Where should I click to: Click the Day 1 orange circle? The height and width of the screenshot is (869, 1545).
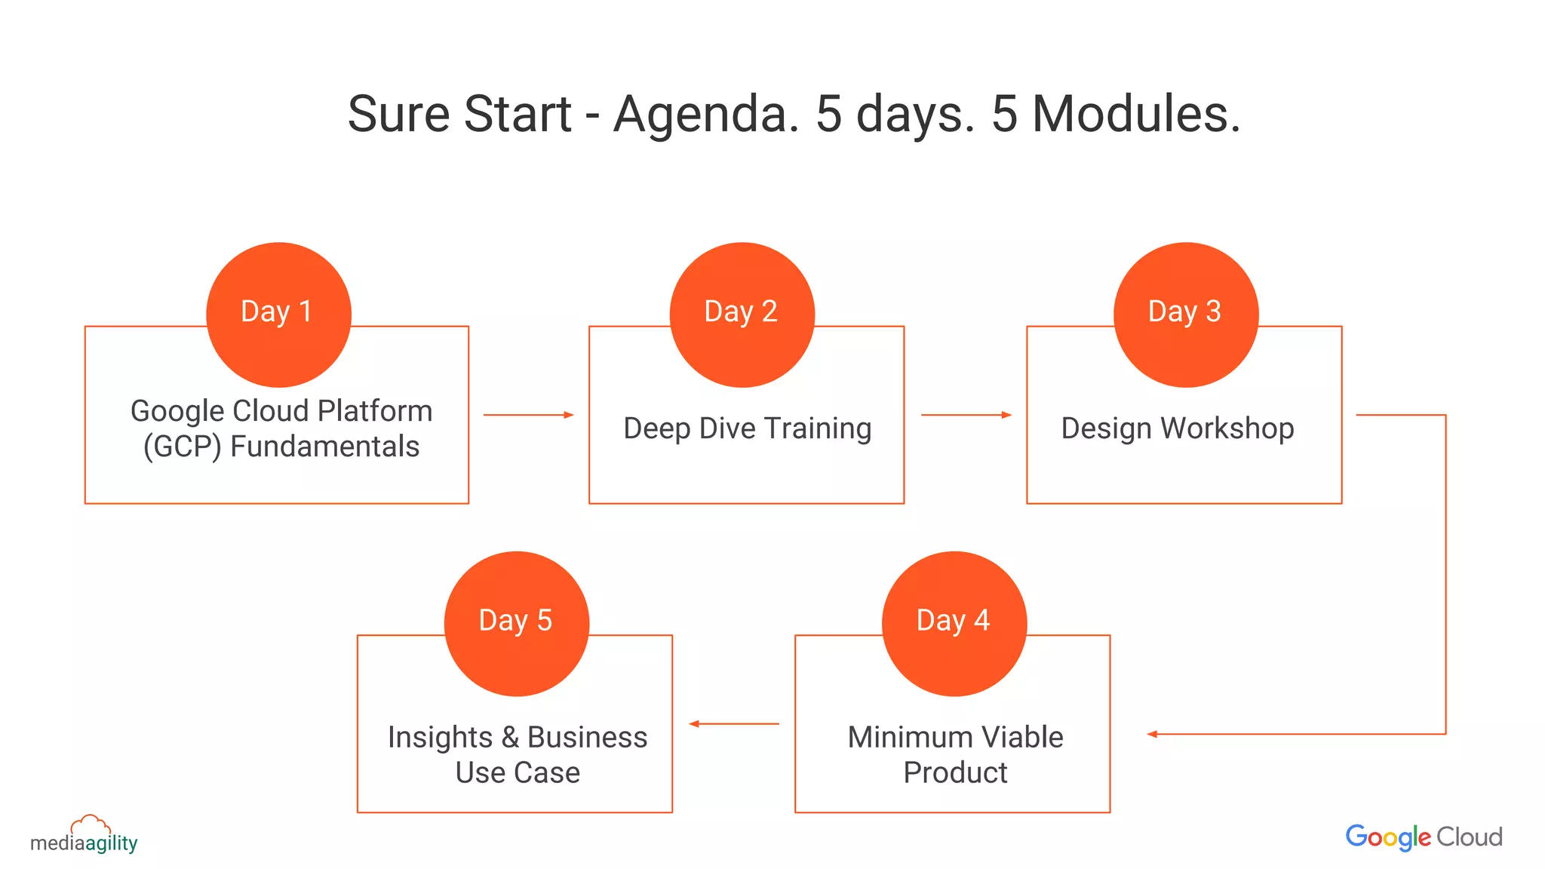pyautogui.click(x=278, y=315)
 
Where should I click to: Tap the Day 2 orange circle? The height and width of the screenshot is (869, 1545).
pyautogui.click(x=742, y=315)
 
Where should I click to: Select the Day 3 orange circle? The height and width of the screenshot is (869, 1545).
pyautogui.click(x=1185, y=315)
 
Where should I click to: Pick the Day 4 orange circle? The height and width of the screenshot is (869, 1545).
pyautogui.click(x=954, y=623)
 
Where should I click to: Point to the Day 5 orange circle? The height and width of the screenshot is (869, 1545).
pyautogui.click(x=516, y=623)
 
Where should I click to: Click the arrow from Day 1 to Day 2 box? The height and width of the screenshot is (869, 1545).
pyautogui.click(x=528, y=415)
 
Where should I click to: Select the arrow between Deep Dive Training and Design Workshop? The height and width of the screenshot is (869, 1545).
pyautogui.click(x=966, y=415)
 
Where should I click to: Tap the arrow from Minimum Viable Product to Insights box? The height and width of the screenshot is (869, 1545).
pyautogui.click(x=733, y=724)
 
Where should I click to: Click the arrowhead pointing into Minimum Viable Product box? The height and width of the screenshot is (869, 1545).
pyautogui.click(x=1153, y=734)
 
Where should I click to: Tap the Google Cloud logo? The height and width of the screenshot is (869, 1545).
pyautogui.click(x=1424, y=837)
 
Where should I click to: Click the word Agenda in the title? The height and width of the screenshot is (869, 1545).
pyautogui.click(x=705, y=115)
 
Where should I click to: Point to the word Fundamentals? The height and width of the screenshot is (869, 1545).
pyautogui.click(x=324, y=447)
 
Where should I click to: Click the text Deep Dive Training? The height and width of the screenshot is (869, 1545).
pyautogui.click(x=747, y=428)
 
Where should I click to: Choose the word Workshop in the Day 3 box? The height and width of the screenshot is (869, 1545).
pyautogui.click(x=1227, y=428)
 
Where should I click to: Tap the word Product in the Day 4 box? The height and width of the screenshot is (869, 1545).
pyautogui.click(x=954, y=772)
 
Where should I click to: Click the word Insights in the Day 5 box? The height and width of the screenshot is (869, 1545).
pyautogui.click(x=440, y=738)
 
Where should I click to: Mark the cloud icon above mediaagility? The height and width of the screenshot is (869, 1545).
pyautogui.click(x=91, y=824)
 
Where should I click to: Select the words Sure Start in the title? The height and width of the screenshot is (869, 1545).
pyautogui.click(x=459, y=115)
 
